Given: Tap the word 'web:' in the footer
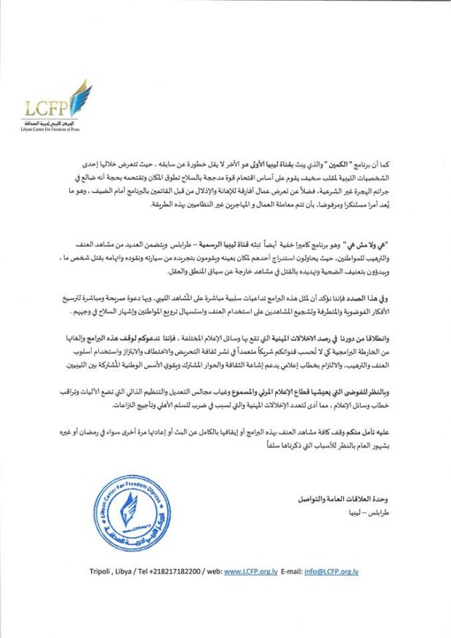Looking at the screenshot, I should coord(211,572).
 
